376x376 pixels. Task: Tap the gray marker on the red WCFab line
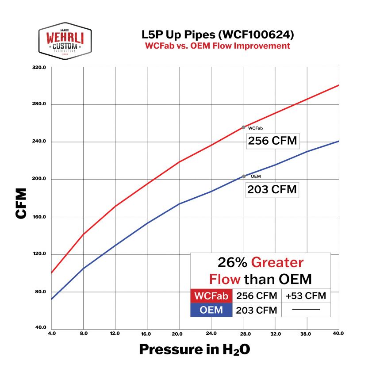[243, 127]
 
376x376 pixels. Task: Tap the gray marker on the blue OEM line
[243, 176]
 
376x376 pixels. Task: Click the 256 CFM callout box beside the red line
[272, 142]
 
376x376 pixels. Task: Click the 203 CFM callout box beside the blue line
[272, 190]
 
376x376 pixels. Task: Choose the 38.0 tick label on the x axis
[307, 333]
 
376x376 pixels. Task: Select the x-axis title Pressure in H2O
[195, 349]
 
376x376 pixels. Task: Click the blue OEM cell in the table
[211, 310]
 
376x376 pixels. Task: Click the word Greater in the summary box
[277, 263]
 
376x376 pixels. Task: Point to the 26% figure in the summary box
[232, 263]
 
